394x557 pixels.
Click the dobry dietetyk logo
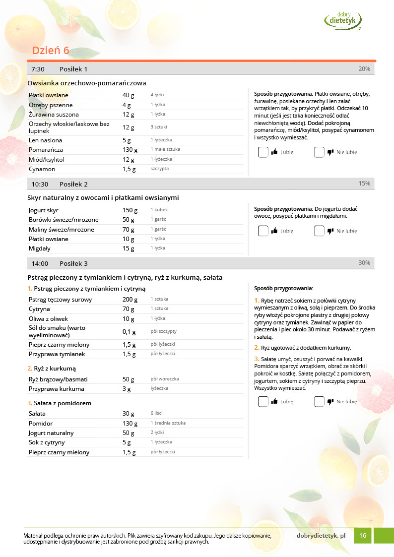click(x=342, y=20)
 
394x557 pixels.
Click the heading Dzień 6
click(x=51, y=51)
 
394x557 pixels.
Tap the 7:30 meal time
click(x=38, y=69)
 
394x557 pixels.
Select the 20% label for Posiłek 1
click(x=364, y=69)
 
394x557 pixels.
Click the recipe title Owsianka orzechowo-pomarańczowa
click(x=87, y=83)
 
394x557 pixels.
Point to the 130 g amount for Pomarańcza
click(x=130, y=149)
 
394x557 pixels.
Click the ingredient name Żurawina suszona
click(x=54, y=115)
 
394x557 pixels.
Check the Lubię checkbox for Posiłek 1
click(x=263, y=152)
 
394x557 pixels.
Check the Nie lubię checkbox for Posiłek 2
click(x=319, y=231)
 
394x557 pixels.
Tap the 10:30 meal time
click(x=40, y=184)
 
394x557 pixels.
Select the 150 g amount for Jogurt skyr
click(x=130, y=210)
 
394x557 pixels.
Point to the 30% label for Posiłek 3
click(x=364, y=263)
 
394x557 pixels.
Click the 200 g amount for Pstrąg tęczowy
click(x=130, y=299)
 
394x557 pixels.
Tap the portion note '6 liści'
click(x=156, y=413)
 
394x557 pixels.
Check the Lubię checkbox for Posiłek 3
click(x=263, y=402)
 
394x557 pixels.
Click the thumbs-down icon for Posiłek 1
click(x=330, y=152)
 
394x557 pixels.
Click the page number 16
click(x=363, y=536)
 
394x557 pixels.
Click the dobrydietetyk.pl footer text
click(x=321, y=536)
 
